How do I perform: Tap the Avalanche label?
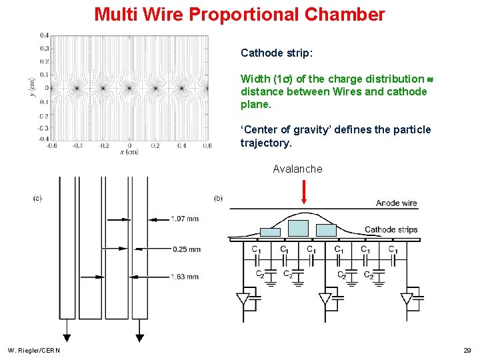(297, 169)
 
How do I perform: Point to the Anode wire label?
(396, 203)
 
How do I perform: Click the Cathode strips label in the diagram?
(391, 230)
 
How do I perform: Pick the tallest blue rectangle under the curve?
(298, 228)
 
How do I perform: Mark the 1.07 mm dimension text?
(184, 219)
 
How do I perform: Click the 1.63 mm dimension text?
(184, 276)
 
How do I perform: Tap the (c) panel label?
(37, 198)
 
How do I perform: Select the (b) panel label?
(219, 198)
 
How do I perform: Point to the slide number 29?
(467, 350)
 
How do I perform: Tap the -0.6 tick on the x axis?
(51, 145)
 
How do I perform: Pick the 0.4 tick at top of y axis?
(43, 35)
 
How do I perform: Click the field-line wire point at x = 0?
(129, 87)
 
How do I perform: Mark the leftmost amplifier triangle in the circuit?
(243, 299)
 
